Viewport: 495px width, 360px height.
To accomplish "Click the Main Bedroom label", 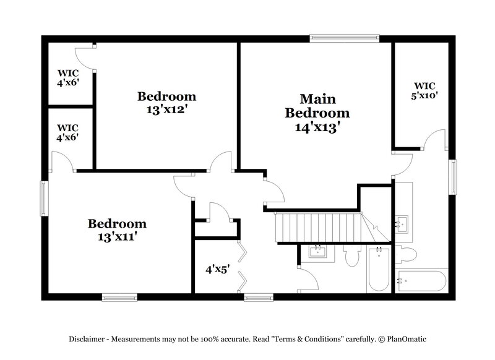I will pos(317,106).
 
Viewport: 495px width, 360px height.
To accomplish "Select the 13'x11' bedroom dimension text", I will pos(117,236).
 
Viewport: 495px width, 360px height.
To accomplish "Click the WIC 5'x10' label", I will pos(425,90).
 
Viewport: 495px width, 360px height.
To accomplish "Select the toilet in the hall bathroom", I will pos(352,255).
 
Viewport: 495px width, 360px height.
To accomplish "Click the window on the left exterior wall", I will pos(43,198).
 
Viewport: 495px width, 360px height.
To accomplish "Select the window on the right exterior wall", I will pos(453,177).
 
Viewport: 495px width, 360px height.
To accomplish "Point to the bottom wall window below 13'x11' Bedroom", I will pos(119,298).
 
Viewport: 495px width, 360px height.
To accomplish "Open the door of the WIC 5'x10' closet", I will pos(434,139).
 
